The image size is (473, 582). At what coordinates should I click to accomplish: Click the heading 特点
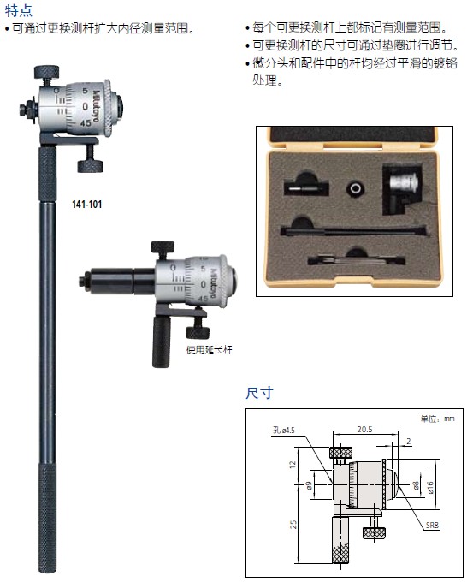click(x=19, y=10)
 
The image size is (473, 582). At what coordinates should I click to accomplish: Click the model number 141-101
click(x=86, y=205)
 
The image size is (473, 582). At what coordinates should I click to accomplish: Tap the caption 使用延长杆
click(x=210, y=350)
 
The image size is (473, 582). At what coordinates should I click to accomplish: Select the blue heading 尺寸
click(x=259, y=393)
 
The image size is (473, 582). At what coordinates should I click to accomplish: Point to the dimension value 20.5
click(x=364, y=430)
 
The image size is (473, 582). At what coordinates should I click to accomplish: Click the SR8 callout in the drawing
click(x=432, y=525)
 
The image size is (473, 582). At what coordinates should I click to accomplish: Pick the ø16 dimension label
click(x=430, y=487)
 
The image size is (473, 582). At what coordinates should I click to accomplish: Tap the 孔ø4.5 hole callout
click(x=283, y=431)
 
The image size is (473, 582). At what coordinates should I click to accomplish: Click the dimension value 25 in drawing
click(x=293, y=525)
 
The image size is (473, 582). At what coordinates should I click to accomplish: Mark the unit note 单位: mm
click(x=437, y=419)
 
